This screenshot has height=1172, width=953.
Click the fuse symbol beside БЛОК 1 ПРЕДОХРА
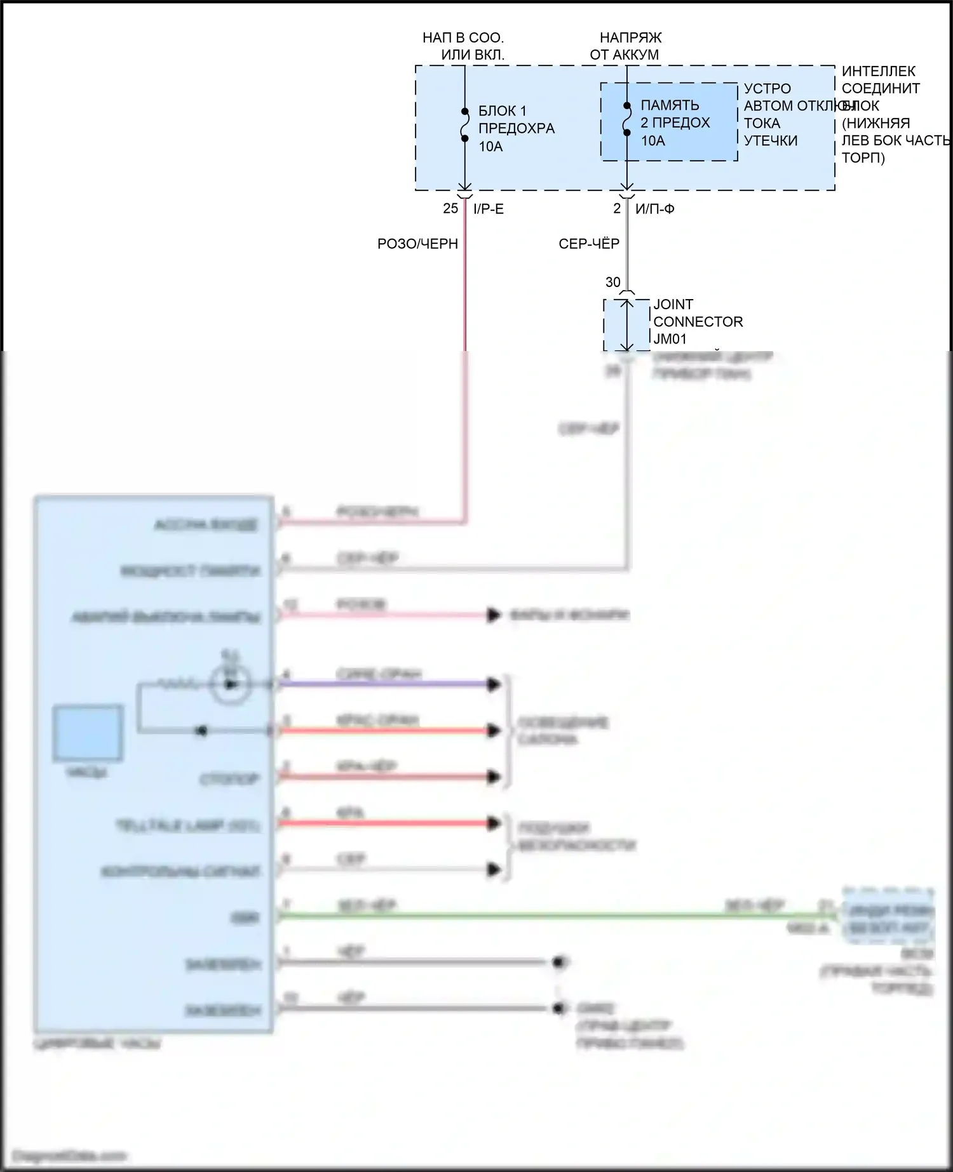(x=465, y=125)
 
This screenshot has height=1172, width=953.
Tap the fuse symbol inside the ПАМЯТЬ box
(x=626, y=119)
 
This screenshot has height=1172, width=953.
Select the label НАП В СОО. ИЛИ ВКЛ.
(x=464, y=46)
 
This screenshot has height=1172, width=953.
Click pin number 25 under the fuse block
(x=450, y=208)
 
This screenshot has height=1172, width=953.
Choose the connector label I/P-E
(x=489, y=209)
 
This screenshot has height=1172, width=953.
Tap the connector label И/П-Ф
(x=655, y=209)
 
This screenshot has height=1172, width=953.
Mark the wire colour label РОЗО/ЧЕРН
(x=417, y=244)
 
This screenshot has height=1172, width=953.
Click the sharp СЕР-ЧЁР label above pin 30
(x=589, y=244)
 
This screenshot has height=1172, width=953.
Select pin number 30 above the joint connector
(x=612, y=282)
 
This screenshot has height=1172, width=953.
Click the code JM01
(x=670, y=339)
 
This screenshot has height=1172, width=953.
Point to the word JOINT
(x=673, y=305)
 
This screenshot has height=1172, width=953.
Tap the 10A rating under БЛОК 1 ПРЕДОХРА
(x=490, y=147)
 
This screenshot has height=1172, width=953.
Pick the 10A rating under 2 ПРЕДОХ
(x=653, y=141)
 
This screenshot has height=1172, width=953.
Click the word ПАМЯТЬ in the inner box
(x=670, y=105)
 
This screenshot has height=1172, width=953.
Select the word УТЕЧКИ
(x=771, y=141)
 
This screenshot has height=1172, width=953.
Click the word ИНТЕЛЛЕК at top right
(x=879, y=71)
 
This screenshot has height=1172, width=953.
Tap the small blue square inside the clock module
(x=88, y=732)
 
